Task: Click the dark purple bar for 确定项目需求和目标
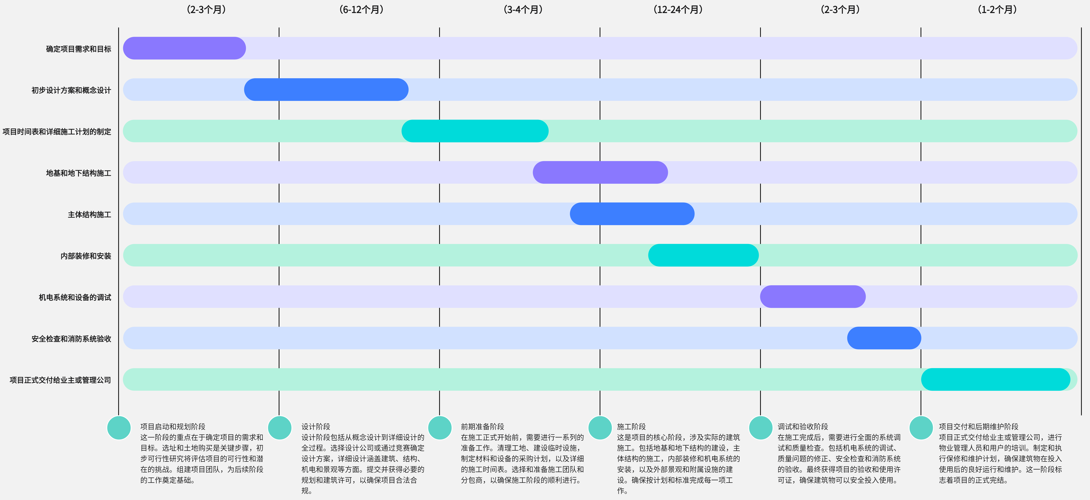point(185,48)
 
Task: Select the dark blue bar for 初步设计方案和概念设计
point(326,90)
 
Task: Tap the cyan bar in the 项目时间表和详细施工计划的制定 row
point(475,131)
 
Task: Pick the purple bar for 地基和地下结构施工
point(600,173)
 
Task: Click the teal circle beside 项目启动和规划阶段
point(119,428)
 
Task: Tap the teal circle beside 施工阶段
point(600,428)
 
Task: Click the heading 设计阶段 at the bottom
point(316,426)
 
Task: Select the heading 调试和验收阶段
point(803,426)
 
